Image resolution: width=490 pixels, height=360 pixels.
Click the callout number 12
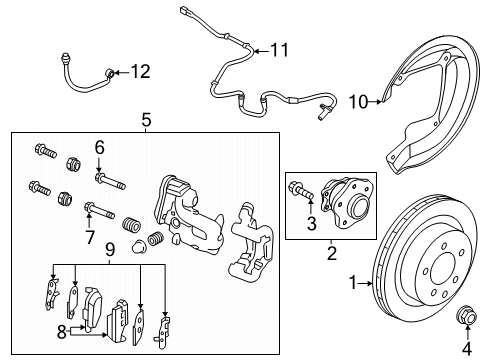pyautogui.click(x=140, y=72)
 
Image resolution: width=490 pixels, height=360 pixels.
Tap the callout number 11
pyautogui.click(x=279, y=50)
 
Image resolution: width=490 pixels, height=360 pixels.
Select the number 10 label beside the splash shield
pyautogui.click(x=358, y=102)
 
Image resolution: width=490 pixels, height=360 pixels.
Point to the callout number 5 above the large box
pyautogui.click(x=146, y=120)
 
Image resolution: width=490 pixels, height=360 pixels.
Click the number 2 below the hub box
pyautogui.click(x=332, y=253)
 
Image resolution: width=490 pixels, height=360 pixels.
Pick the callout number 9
pyautogui.click(x=110, y=249)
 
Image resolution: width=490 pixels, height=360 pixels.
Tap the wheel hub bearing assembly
pyautogui.click(x=346, y=202)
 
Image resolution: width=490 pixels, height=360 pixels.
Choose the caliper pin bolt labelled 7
pyautogui.click(x=100, y=211)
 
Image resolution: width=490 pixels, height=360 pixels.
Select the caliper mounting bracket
pyautogui.click(x=251, y=240)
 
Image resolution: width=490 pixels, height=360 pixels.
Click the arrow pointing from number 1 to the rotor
pyautogui.click(x=365, y=284)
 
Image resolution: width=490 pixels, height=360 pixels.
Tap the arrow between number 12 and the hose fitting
pyautogui.click(x=121, y=72)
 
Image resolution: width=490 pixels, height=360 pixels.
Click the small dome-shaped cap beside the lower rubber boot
pyautogui.click(x=139, y=247)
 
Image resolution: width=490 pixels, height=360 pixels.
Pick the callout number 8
pyautogui.click(x=62, y=332)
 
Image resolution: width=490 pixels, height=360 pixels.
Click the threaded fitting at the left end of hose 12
pyautogui.click(x=66, y=59)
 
